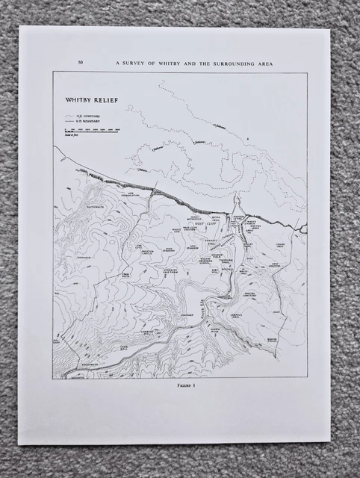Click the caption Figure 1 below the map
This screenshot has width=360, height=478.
pos(179,388)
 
